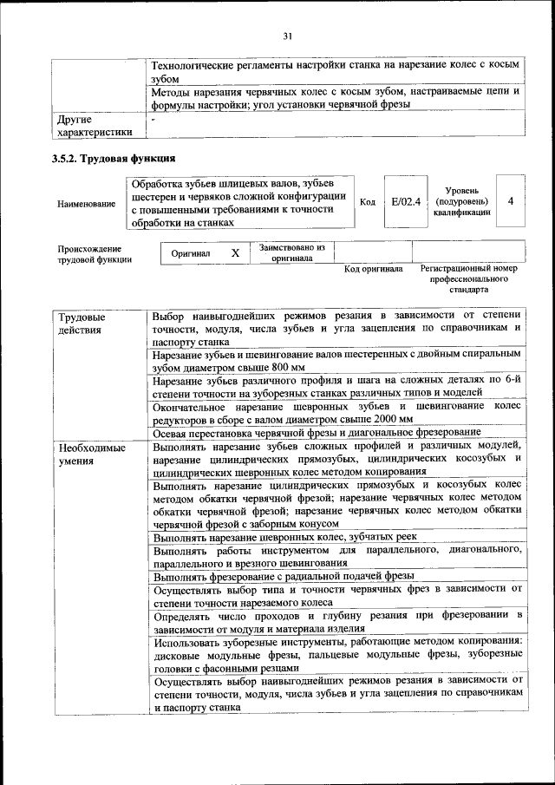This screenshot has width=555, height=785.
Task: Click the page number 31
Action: coord(287,36)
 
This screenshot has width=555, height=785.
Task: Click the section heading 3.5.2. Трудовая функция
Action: coord(114,159)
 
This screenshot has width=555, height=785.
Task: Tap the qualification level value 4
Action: coord(511,201)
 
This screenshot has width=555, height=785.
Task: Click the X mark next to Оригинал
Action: coord(234,253)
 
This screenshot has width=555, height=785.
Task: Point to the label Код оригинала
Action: coord(373,269)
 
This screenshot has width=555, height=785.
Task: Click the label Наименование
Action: coord(86,204)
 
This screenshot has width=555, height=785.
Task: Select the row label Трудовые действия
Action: coord(75,322)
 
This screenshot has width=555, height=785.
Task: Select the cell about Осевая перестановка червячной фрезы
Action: coord(317,433)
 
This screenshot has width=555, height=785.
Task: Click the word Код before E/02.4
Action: coord(367,201)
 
